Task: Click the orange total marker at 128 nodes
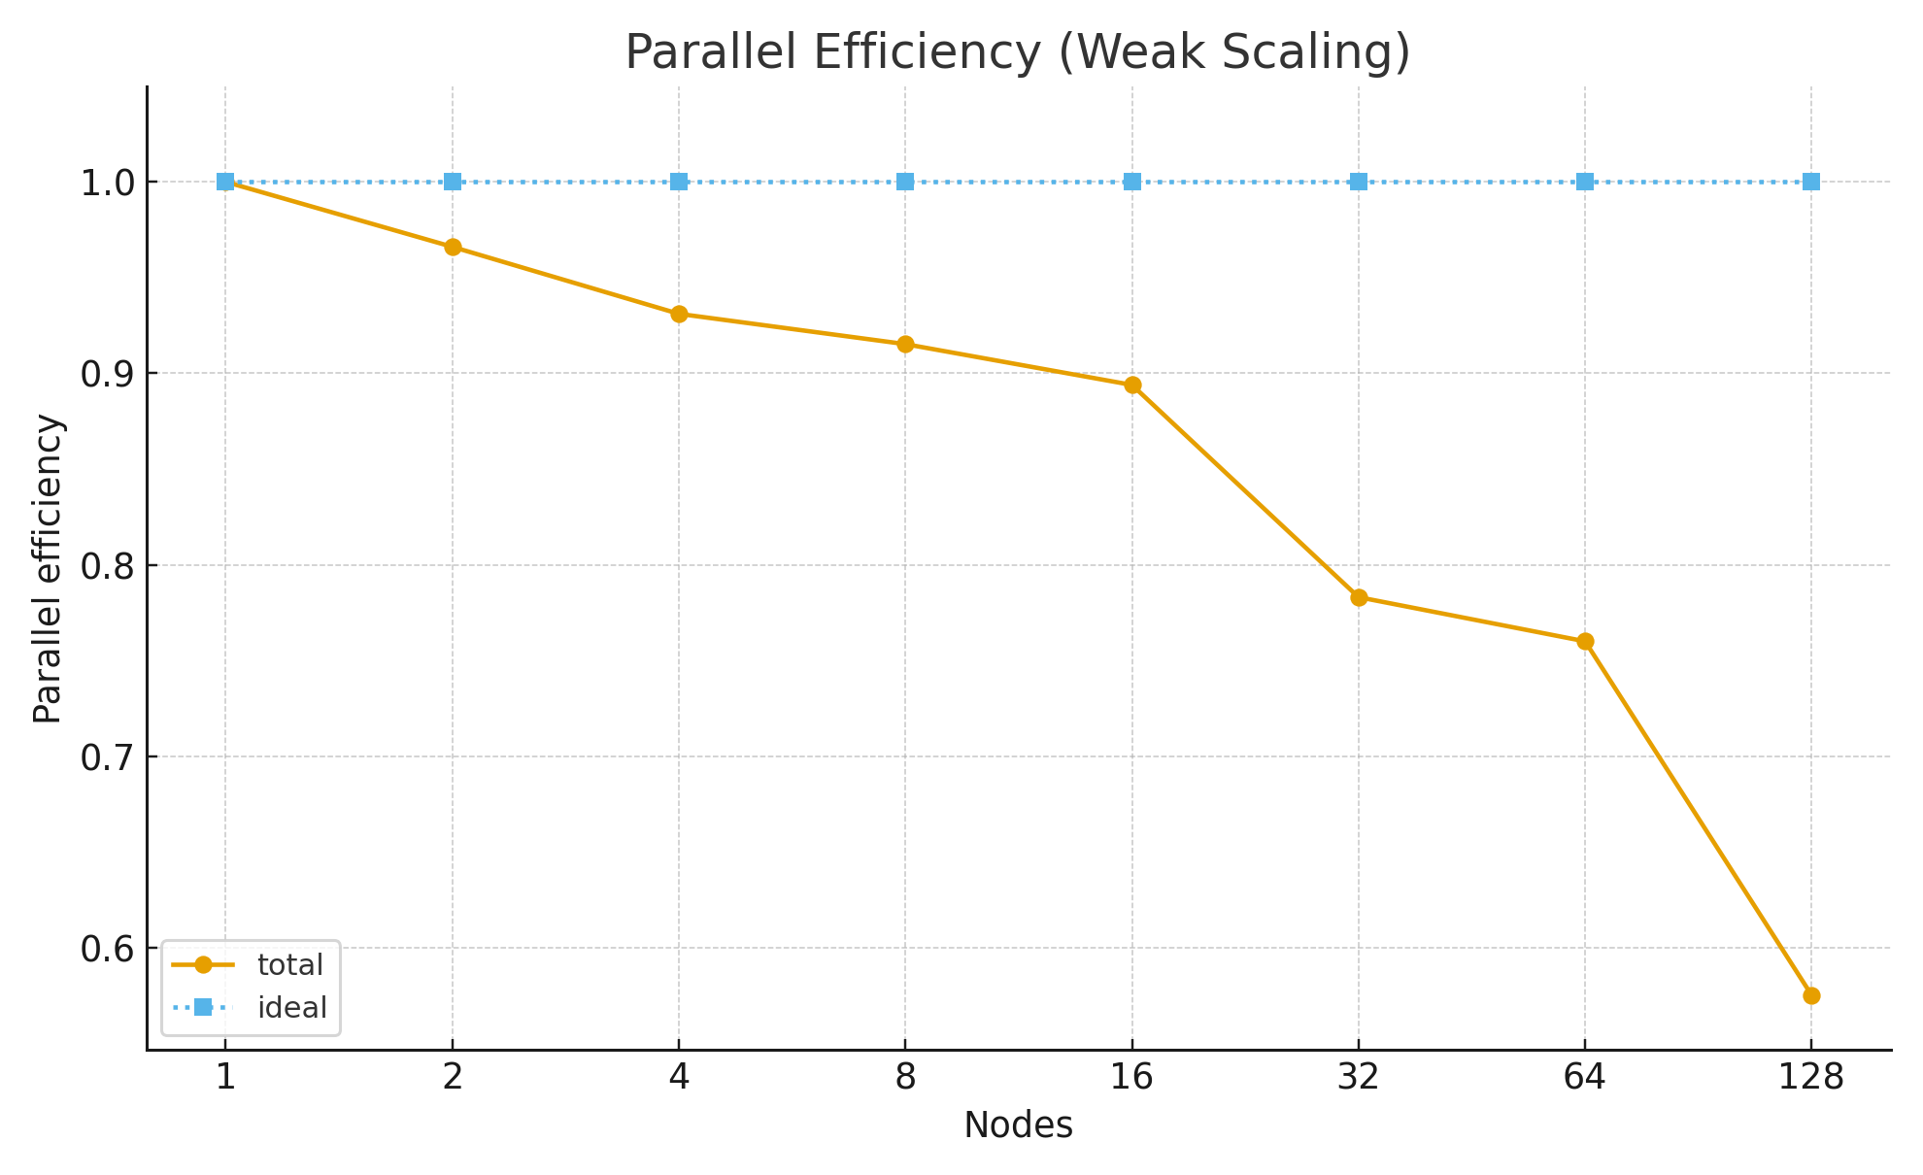[x=1811, y=995]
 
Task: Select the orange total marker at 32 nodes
[x=1359, y=597]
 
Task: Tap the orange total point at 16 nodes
[x=1132, y=385]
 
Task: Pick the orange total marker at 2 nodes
[x=453, y=247]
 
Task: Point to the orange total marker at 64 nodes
[x=1585, y=641]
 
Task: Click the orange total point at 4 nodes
[x=679, y=314]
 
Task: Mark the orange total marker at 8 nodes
[x=905, y=344]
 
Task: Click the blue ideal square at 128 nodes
[x=1811, y=182]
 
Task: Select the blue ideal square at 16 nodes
[x=1132, y=182]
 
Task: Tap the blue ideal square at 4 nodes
[x=679, y=182]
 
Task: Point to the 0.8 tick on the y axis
[x=108, y=565]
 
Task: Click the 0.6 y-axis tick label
[x=108, y=949]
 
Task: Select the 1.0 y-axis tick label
[x=108, y=183]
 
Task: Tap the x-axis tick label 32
[x=1359, y=1077]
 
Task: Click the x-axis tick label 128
[x=1811, y=1077]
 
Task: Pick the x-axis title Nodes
[x=1018, y=1125]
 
